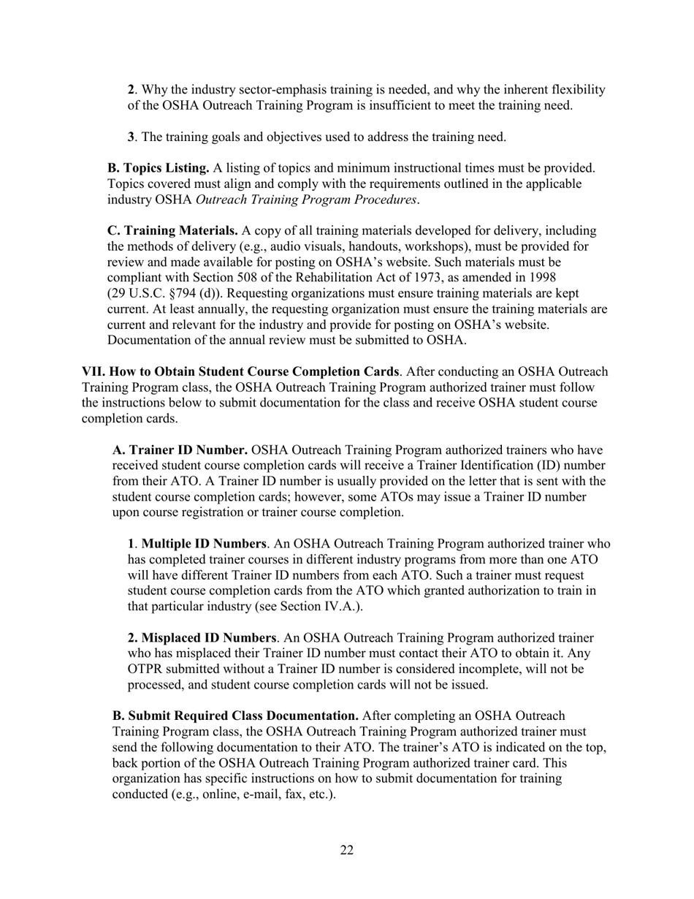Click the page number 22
347,850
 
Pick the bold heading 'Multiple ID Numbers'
204,544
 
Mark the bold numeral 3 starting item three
131,137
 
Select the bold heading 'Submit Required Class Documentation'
235,716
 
